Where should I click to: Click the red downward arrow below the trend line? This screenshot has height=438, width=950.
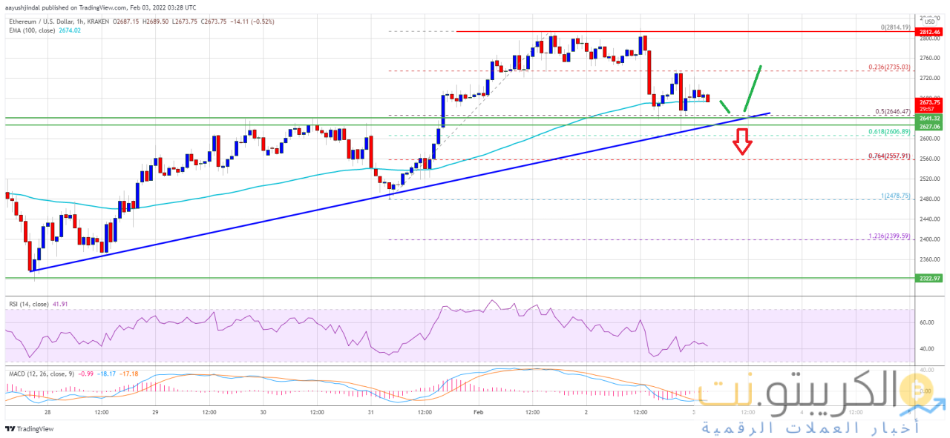pyautogui.click(x=741, y=142)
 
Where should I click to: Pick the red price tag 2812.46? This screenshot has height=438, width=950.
pyautogui.click(x=929, y=33)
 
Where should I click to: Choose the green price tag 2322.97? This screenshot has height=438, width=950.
pyautogui.click(x=929, y=278)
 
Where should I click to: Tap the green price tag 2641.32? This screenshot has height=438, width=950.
pyautogui.click(x=929, y=118)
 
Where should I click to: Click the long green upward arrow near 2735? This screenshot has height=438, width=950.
pyautogui.click(x=753, y=87)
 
